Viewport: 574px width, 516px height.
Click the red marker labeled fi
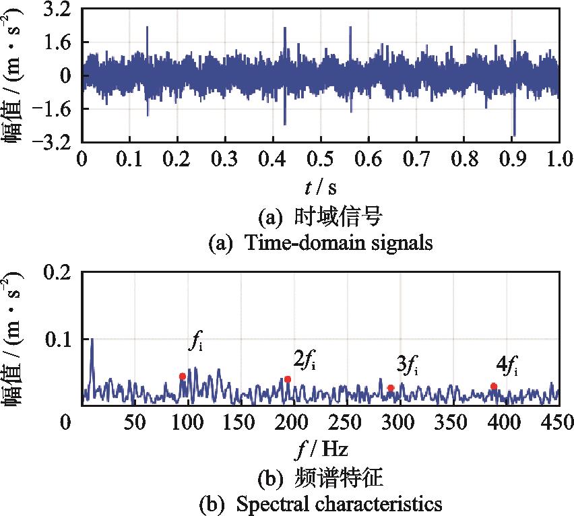[182, 377]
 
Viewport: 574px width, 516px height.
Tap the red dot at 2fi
[288, 379]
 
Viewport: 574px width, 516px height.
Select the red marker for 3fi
[391, 388]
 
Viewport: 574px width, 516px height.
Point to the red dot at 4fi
[494, 387]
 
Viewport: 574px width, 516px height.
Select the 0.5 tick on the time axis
[321, 160]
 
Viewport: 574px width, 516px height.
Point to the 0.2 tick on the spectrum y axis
[57, 272]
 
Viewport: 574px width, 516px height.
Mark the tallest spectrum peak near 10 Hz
[92, 340]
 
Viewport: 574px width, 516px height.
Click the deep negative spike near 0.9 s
[514, 133]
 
